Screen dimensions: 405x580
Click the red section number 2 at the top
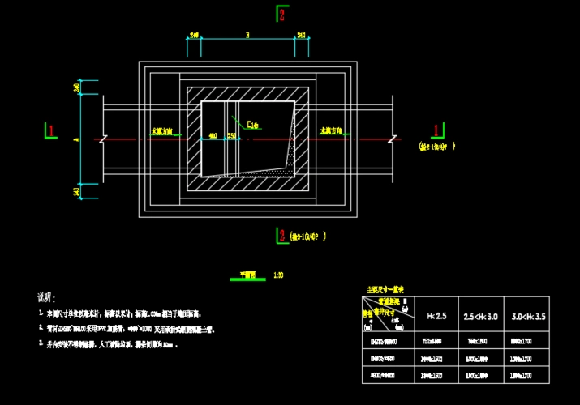point(282,14)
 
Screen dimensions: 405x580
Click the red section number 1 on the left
point(52,130)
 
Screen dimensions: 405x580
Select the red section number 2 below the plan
point(282,236)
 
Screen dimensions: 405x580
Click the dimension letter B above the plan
point(247,35)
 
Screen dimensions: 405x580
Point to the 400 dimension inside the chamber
point(213,135)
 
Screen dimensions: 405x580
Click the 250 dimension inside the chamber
point(231,135)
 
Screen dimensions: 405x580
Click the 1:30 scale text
point(277,275)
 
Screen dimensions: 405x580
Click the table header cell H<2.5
point(436,314)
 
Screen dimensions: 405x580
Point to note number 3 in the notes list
point(41,344)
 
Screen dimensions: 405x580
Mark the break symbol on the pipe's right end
point(392,139)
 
